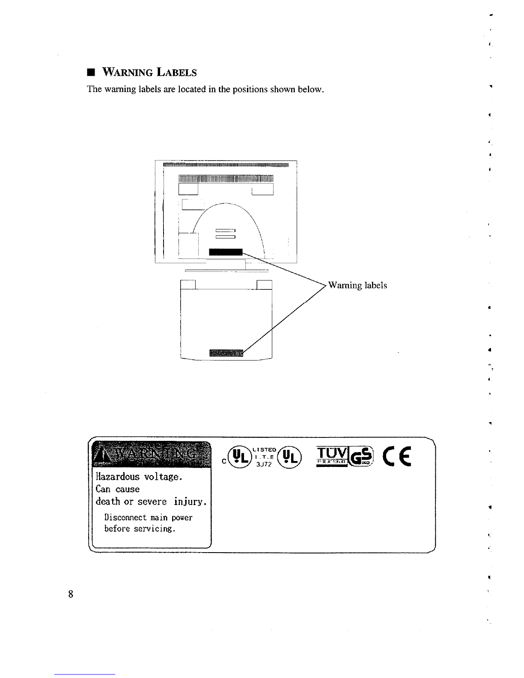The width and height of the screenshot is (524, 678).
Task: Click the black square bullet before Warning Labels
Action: coord(90,73)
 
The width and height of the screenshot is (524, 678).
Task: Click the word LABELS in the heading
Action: coord(178,73)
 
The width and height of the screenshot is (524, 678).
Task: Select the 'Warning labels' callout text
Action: coord(357,285)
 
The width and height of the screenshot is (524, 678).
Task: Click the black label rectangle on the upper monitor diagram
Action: coord(225,252)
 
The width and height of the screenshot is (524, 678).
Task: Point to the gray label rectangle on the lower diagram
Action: coord(226,353)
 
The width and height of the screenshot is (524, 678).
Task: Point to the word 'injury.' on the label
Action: coord(191,501)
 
